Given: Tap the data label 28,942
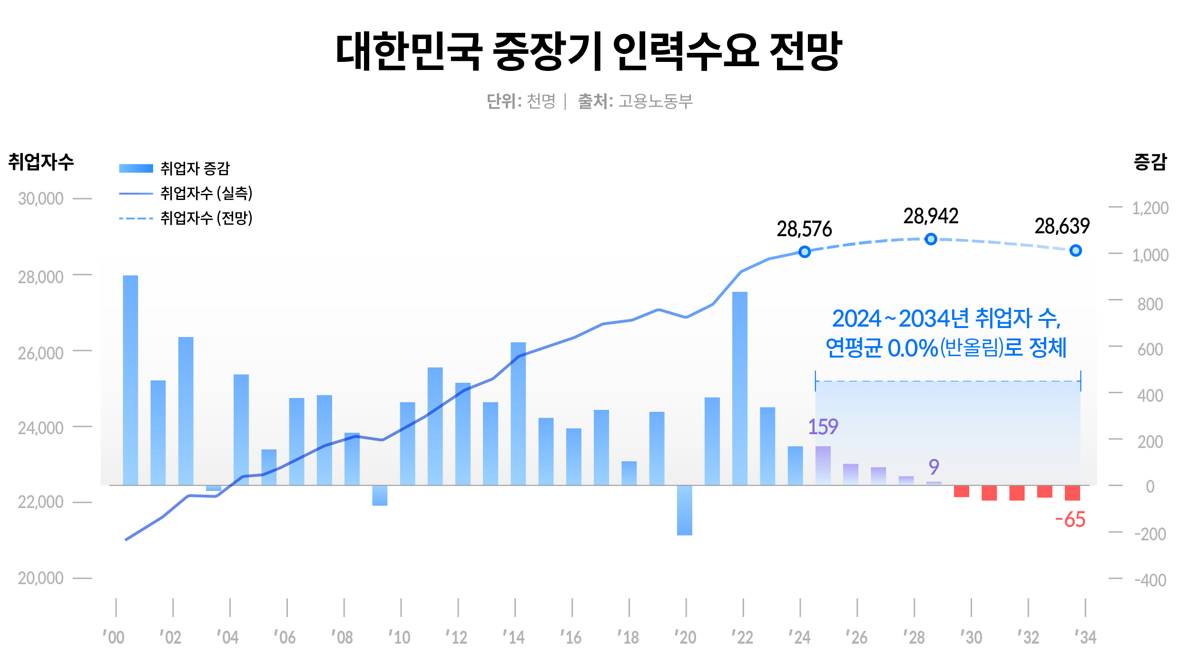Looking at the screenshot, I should point(931,217).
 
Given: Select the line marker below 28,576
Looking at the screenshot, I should point(805,251).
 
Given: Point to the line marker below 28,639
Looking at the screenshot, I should point(1075,250).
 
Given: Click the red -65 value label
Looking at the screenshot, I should point(1070,520).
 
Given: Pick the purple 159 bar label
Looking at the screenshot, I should point(823,427).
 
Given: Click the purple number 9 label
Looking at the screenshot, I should point(934,467).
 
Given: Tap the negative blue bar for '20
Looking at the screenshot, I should point(684,510).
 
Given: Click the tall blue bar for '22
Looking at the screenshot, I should point(739,388).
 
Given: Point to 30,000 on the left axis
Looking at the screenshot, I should point(40,199).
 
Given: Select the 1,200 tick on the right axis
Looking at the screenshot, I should point(1150,208).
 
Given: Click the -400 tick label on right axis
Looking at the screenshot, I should point(1150,580).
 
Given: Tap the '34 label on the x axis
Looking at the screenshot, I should point(1085,637).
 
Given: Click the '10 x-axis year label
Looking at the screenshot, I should point(400,637).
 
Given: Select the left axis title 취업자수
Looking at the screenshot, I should point(41,162).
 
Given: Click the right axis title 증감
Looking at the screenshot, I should point(1150,162).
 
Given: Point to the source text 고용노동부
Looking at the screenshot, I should point(655,101).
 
